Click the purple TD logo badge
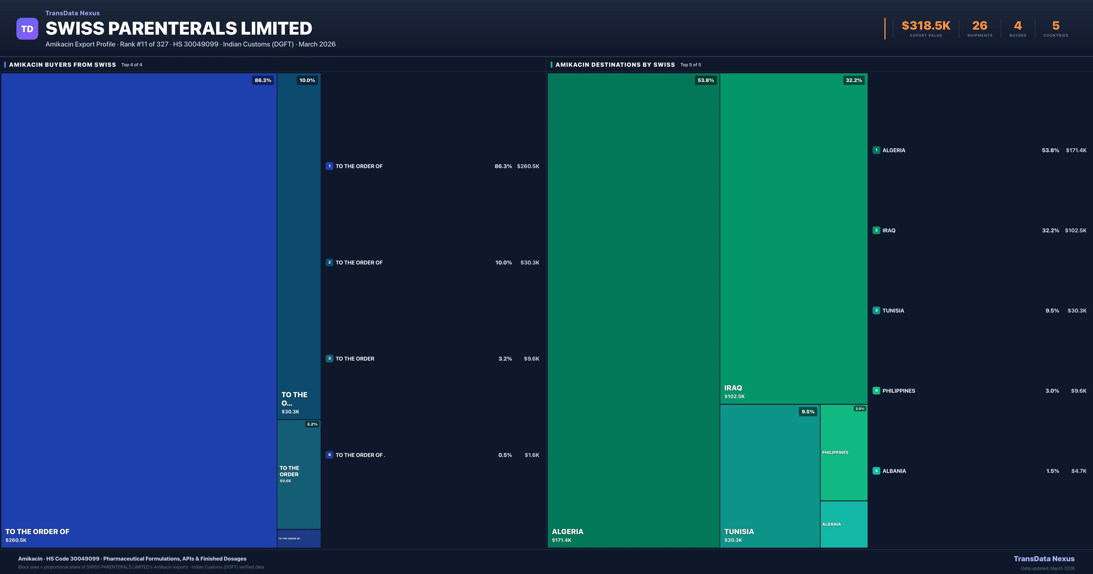(x=27, y=29)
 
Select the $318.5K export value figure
(x=926, y=26)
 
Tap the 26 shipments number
(x=980, y=26)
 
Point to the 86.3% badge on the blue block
(x=263, y=80)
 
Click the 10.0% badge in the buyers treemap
(x=307, y=80)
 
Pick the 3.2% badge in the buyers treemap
(x=312, y=424)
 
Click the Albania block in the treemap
(x=843, y=524)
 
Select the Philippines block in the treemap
(x=843, y=453)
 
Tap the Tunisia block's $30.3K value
(x=733, y=540)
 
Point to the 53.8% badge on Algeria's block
(x=706, y=80)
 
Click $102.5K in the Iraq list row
(x=1076, y=231)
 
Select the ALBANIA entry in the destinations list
(x=894, y=471)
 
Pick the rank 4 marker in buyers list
(x=329, y=455)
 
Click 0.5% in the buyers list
(x=505, y=455)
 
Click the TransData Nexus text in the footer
(x=1044, y=559)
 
